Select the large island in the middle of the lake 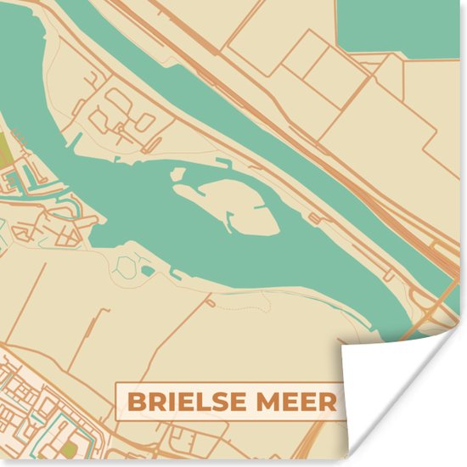click(228, 204)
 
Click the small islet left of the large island click(177, 174)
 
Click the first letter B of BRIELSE click(137, 402)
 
